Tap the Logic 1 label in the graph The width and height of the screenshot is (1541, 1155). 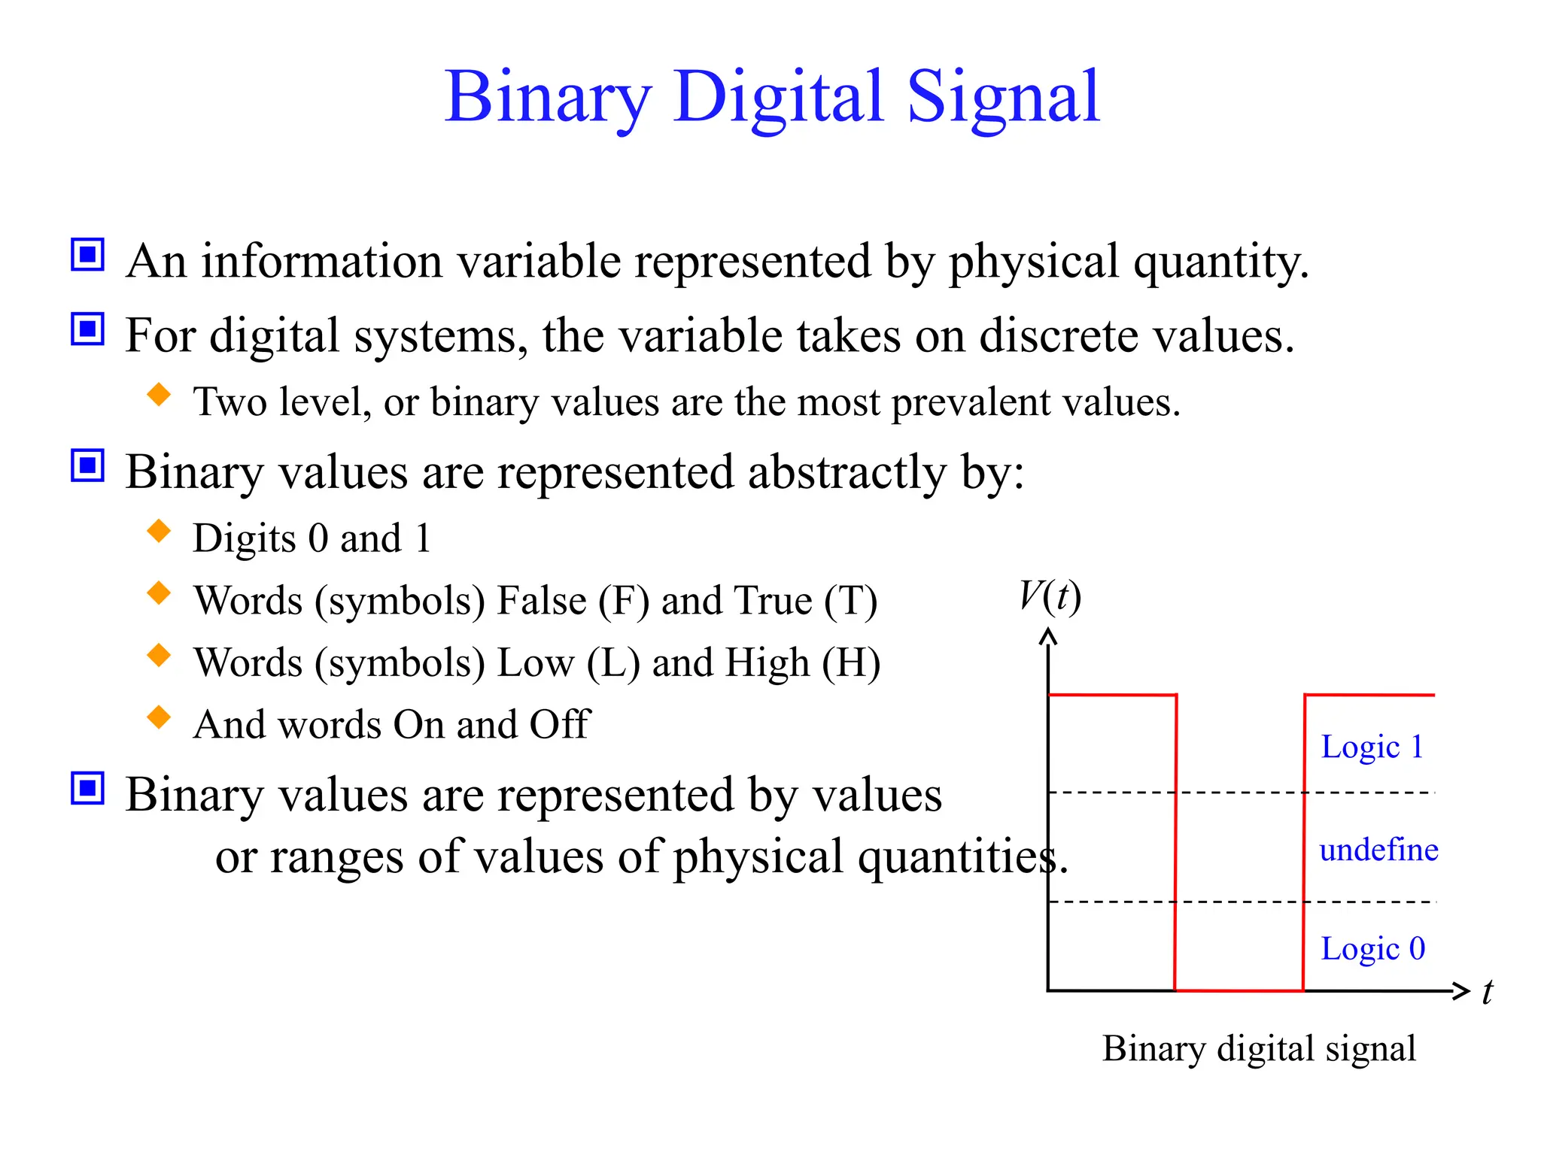pos(1372,747)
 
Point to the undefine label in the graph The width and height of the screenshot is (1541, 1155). pos(1378,850)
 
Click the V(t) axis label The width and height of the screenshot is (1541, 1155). pos(1050,597)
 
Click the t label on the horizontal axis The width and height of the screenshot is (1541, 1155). pos(1487,992)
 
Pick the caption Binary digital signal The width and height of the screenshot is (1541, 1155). pos(1259,1048)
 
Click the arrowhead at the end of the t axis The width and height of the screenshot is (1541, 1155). pos(1461,991)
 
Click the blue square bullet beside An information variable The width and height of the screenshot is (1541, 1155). pos(88,255)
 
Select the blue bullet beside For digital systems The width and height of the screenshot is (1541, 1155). pos(88,329)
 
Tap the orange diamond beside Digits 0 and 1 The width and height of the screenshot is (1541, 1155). pos(160,531)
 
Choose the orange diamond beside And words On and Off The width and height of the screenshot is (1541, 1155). pos(160,717)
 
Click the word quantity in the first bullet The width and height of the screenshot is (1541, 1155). pos(1220,263)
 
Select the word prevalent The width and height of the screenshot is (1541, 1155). pos(971,403)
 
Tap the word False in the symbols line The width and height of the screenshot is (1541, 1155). pos(542,601)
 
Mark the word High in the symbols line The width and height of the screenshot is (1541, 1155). pos(768,663)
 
